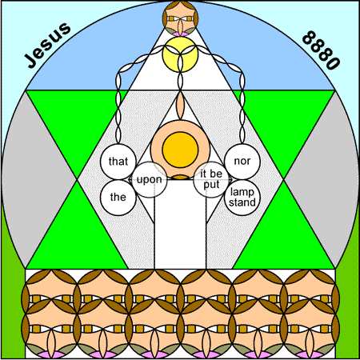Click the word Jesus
(48, 45)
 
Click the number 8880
(322, 50)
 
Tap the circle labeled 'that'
(118, 162)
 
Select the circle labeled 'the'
(118, 198)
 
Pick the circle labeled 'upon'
(150, 179)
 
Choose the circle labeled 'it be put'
(211, 179)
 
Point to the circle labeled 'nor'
(242, 162)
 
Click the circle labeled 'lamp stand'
(242, 198)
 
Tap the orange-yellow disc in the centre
(180, 150)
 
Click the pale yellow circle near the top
(180, 54)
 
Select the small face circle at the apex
(180, 18)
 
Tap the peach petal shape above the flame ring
(180, 106)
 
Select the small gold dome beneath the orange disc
(180, 177)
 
